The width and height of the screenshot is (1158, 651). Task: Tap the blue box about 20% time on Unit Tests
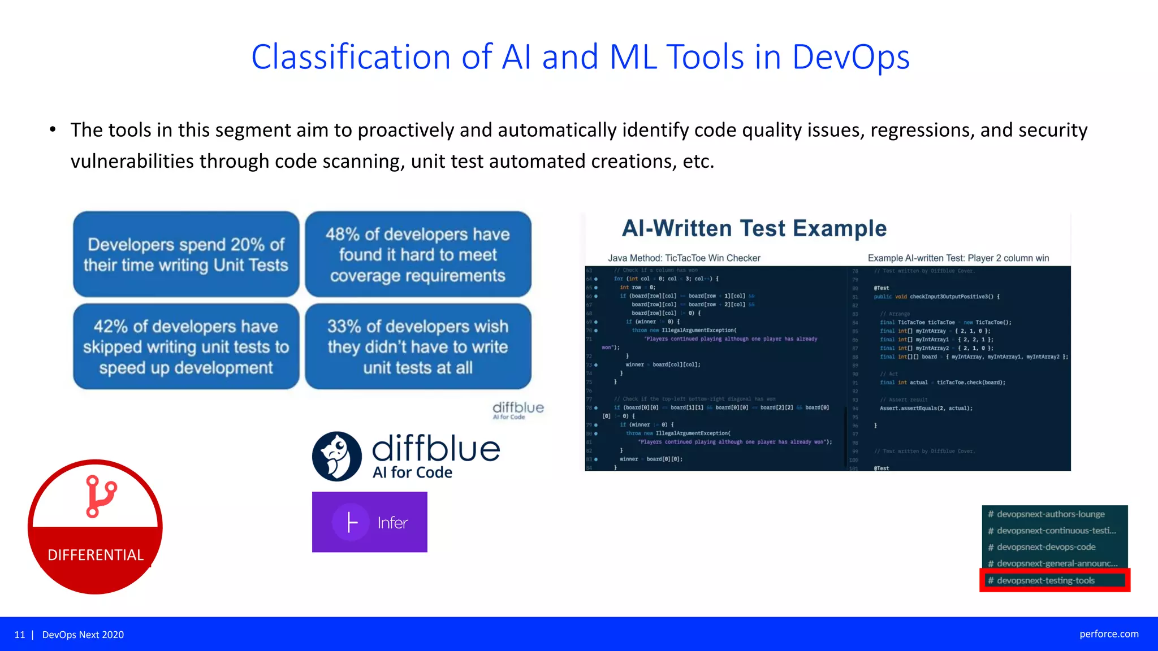click(186, 254)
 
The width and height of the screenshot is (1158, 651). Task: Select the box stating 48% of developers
click(418, 254)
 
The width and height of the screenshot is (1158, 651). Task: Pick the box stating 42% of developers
click(186, 346)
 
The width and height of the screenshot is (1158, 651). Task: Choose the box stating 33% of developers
click(418, 346)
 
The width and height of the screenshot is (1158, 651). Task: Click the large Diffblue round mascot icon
click(337, 457)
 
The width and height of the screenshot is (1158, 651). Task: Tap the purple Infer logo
click(369, 522)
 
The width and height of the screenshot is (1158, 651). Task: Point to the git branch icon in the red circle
click(101, 496)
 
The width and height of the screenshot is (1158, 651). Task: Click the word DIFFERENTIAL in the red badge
click(96, 555)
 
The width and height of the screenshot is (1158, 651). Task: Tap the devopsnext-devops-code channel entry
click(1045, 547)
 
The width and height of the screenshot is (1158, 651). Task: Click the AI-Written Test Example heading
click(754, 228)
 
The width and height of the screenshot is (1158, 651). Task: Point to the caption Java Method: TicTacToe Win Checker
click(684, 258)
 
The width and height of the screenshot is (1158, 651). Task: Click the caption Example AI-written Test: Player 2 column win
click(958, 258)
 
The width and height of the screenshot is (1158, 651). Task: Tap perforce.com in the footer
click(1108, 634)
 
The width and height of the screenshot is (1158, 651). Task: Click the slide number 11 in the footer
click(20, 635)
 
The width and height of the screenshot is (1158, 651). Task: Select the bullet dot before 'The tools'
click(53, 130)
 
